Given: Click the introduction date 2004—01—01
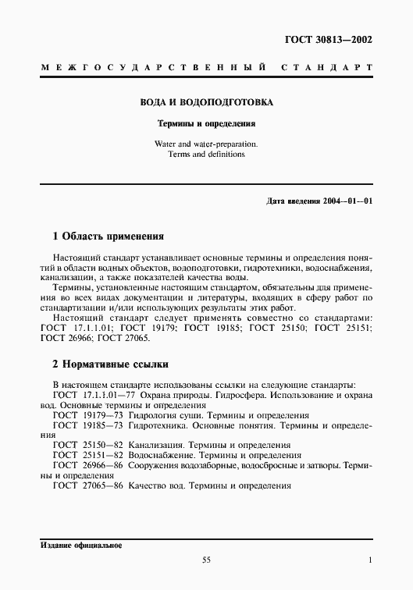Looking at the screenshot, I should tap(347, 201).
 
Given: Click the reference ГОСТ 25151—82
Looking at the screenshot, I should tap(82, 455).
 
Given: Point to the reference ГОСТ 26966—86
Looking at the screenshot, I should tap(82, 465).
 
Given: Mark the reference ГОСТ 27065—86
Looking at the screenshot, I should tap(82, 485).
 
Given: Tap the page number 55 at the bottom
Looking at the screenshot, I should tap(206, 560).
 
